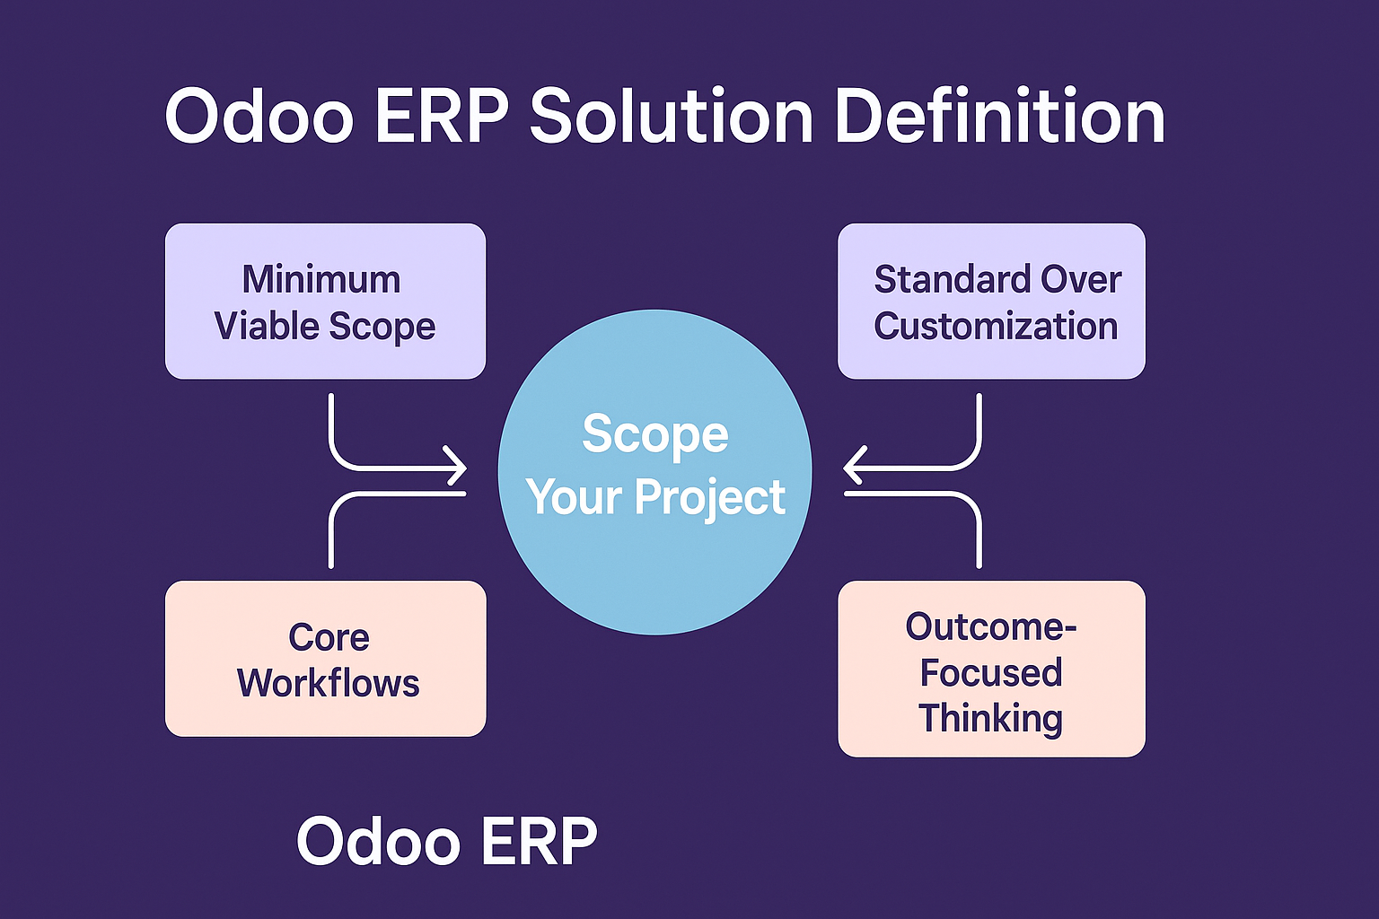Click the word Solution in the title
pos(671,116)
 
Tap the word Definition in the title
pos(1000,116)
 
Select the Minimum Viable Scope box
pos(326,301)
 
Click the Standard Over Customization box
pos(992,301)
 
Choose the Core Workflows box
pos(326,659)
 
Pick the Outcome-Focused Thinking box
pos(992,669)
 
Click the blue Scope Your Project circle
pos(655,472)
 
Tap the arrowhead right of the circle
pos(855,466)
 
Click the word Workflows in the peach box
pos(328,683)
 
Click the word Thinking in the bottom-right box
pos(990,718)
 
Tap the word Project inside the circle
pos(710,497)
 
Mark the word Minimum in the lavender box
pos(321,279)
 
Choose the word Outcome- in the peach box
pos(991,626)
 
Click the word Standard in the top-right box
pos(952,279)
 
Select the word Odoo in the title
pos(259,117)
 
